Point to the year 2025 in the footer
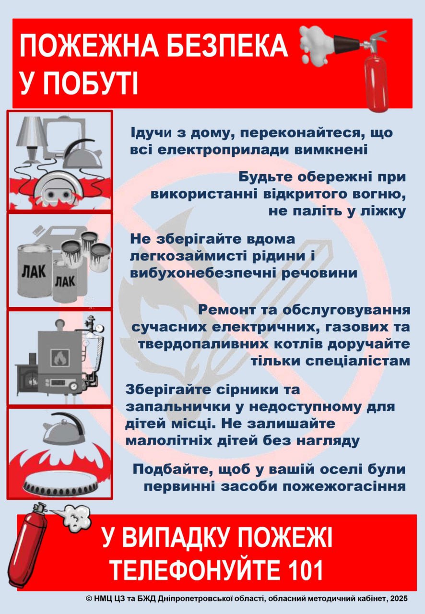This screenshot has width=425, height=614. tap(400, 606)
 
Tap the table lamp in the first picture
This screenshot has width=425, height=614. tap(30, 139)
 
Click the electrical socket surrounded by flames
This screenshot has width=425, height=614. tap(58, 189)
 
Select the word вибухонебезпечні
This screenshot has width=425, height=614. tap(202, 273)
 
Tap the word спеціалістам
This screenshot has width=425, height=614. tap(331, 361)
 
